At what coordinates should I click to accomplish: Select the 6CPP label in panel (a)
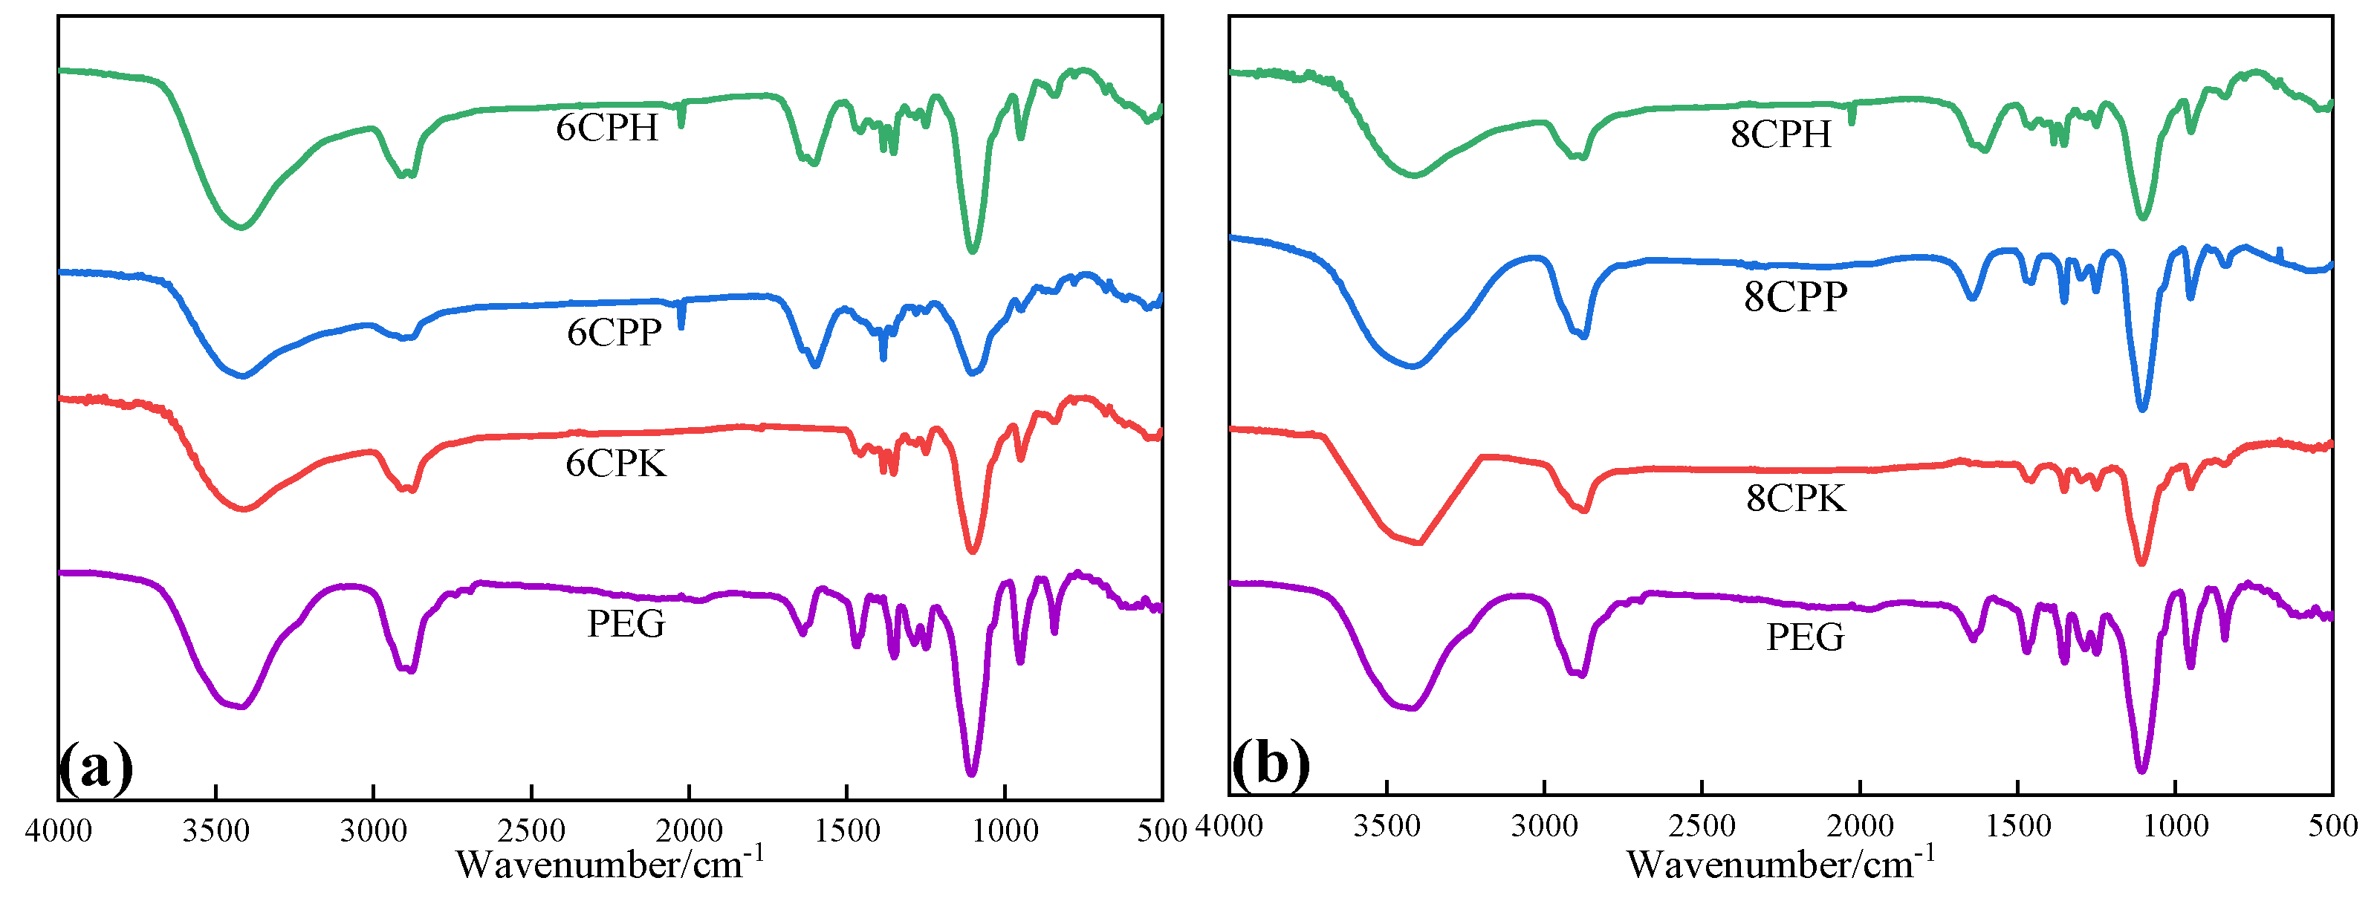point(614,332)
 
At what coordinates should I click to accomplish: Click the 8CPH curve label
point(1780,134)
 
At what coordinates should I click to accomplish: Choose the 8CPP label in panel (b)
point(1794,297)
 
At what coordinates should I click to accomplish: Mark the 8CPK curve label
point(1796,498)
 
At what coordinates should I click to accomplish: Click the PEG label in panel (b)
point(1805,637)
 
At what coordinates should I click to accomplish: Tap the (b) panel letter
point(1271,764)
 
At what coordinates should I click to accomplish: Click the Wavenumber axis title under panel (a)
point(610,864)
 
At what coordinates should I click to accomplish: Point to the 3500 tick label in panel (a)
point(216,831)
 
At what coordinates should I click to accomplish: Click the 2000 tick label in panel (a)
point(688,831)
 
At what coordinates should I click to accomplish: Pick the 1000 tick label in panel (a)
point(1004,831)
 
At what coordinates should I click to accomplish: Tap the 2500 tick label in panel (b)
point(1702,826)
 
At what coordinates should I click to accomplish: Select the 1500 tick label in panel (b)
point(2018,826)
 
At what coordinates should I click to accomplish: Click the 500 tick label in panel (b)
point(2332,826)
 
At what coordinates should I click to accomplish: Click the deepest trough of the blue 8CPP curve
point(2143,409)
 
